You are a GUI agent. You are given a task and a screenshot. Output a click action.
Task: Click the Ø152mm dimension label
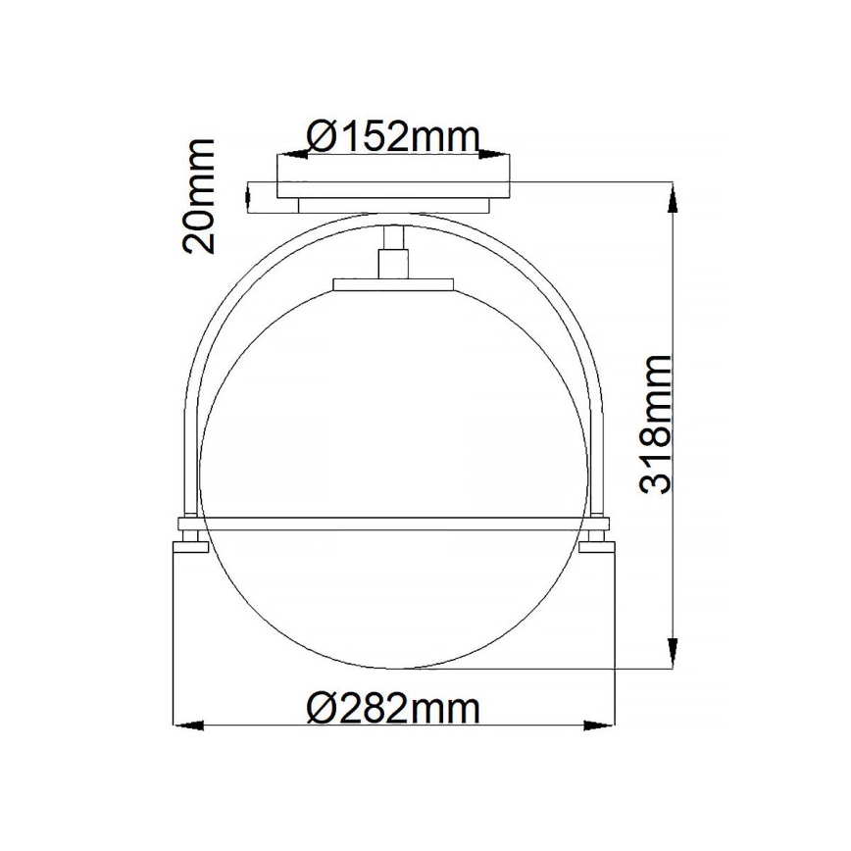click(x=394, y=136)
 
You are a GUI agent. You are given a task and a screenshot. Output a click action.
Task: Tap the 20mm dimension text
click(x=199, y=196)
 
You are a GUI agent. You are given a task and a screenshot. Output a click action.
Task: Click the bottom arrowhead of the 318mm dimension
click(x=673, y=652)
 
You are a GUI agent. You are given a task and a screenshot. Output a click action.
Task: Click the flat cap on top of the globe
click(x=394, y=284)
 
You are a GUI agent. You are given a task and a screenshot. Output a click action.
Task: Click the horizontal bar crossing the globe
click(x=394, y=518)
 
